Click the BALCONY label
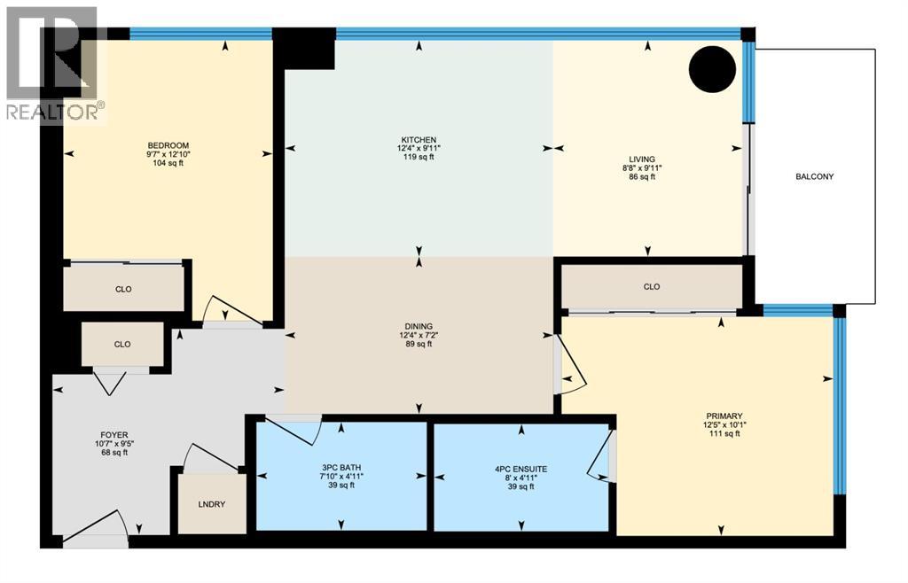(x=814, y=176)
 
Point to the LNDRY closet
(x=212, y=504)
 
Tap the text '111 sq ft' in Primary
(x=724, y=434)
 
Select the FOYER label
(x=114, y=434)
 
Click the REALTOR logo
(x=53, y=62)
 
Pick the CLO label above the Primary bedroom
(x=652, y=287)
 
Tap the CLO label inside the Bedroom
(x=123, y=289)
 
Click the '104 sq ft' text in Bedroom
(x=168, y=166)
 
